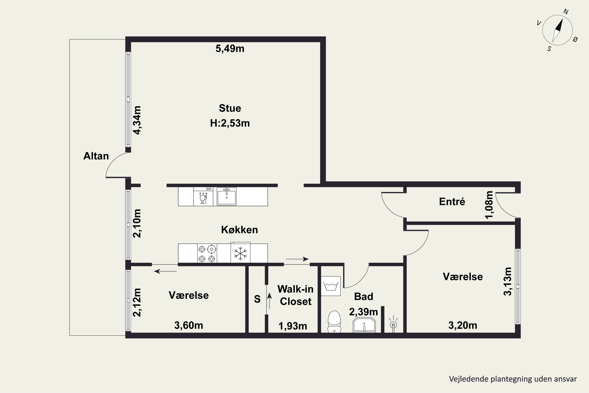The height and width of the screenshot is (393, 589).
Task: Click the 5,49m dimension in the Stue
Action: click(x=230, y=49)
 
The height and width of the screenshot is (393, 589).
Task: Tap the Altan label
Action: click(x=96, y=156)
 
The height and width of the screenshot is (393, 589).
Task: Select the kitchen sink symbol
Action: click(x=226, y=196)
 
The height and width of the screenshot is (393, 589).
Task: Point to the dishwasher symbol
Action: click(x=203, y=196)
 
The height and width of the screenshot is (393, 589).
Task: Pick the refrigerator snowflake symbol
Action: click(x=240, y=253)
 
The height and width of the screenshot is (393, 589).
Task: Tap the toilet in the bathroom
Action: click(x=334, y=321)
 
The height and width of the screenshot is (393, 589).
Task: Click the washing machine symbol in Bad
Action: click(x=331, y=286)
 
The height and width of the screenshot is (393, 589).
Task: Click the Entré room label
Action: click(x=452, y=202)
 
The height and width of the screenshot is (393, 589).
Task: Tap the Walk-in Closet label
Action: click(x=295, y=295)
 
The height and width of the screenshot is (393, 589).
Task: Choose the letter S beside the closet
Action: click(x=257, y=299)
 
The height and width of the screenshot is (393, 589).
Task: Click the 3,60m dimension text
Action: click(x=188, y=325)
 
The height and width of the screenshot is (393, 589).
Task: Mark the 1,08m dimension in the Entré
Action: click(x=489, y=205)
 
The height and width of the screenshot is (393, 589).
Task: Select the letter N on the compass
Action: click(x=566, y=12)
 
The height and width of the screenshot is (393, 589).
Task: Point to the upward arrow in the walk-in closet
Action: click(x=269, y=301)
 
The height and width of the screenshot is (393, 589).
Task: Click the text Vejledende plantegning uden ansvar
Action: click(x=513, y=379)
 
